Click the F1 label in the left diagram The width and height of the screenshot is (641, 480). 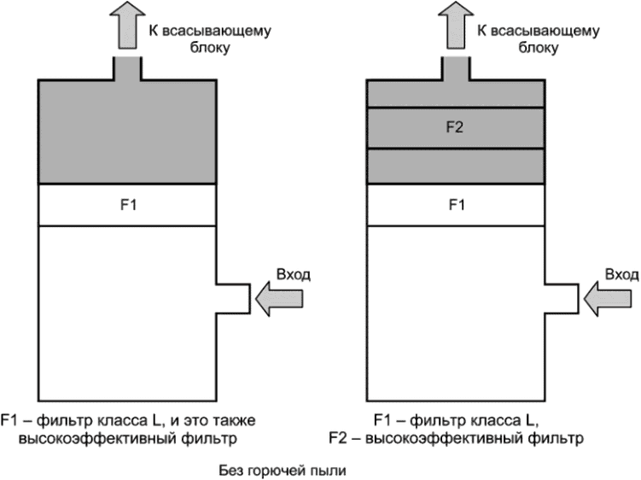coord(126,206)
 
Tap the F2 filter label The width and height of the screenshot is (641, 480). coord(455,128)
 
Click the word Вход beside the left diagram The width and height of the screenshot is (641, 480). coord(294,275)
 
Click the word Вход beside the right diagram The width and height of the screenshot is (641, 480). coord(621,275)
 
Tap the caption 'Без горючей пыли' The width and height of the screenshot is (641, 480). coord(278,469)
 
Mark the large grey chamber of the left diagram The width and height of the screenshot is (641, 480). coord(126,132)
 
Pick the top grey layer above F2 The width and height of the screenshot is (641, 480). coord(455,93)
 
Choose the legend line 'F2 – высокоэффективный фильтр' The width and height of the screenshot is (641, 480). coord(455,440)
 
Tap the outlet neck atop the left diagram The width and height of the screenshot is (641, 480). coord(126,67)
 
